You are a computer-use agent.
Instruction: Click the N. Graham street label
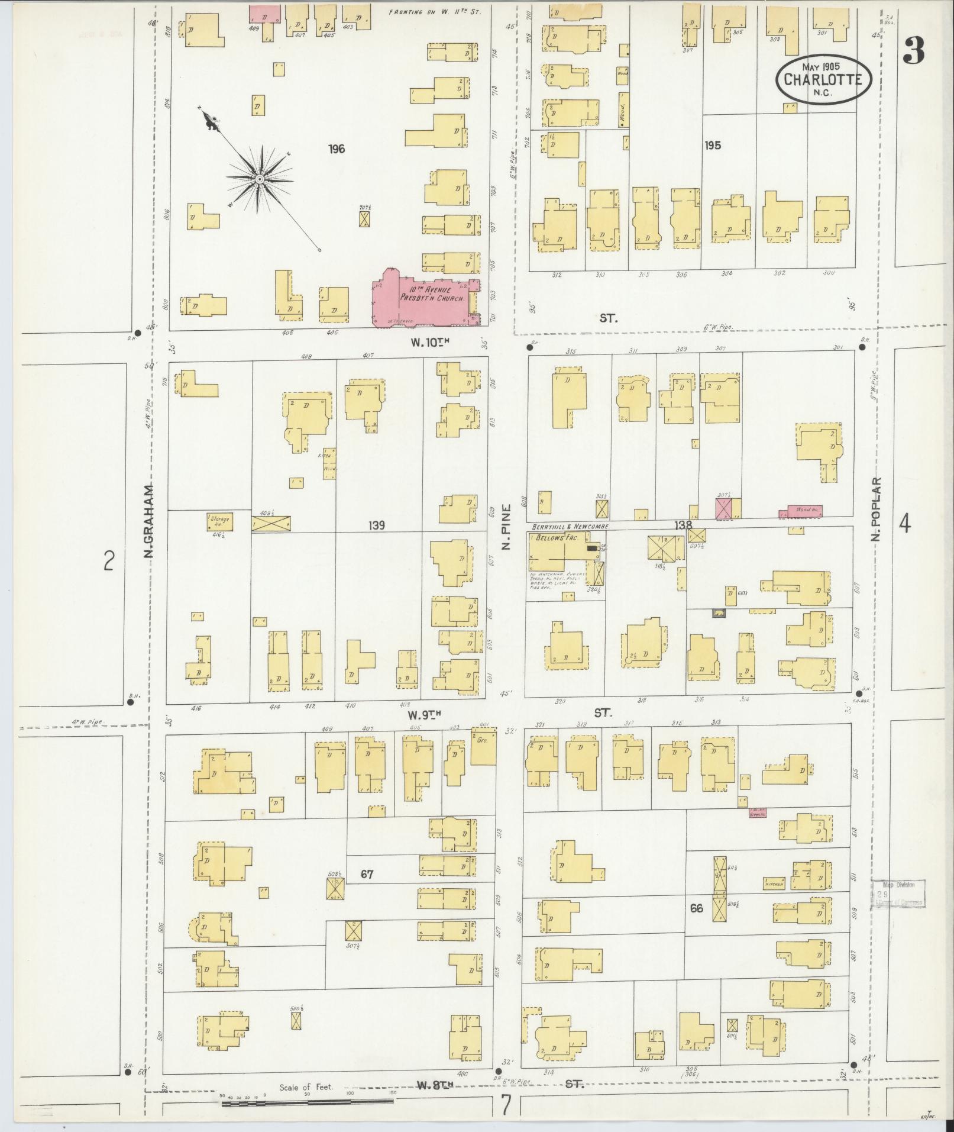coord(148,521)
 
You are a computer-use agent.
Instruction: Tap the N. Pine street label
coord(506,527)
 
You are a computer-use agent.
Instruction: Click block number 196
coord(337,149)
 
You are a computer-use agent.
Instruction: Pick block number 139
coord(376,525)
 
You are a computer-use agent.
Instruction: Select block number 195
coord(712,145)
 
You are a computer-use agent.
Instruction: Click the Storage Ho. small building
coord(219,521)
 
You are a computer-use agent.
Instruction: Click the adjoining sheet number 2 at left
coord(108,560)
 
